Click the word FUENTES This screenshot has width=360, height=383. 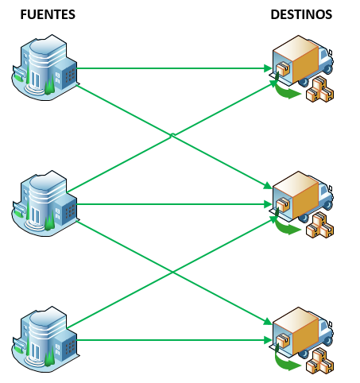click(x=47, y=14)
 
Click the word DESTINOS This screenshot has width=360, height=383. click(x=301, y=14)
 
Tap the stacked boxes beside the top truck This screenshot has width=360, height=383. click(x=321, y=88)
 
